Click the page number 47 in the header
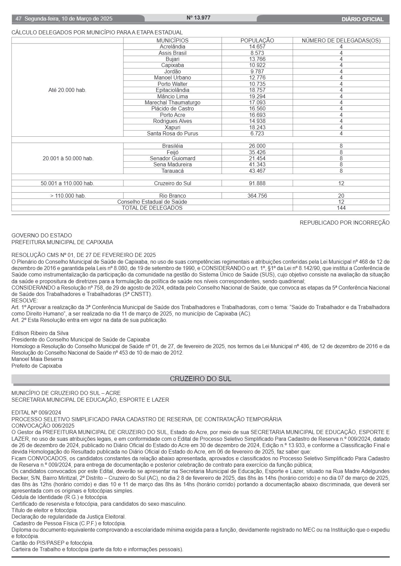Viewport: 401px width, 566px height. (19, 19)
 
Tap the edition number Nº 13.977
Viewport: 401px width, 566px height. (198, 18)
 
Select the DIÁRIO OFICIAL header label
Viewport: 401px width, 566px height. (363, 19)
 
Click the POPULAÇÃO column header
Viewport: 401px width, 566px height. (257, 40)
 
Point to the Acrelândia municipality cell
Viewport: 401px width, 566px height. (172, 47)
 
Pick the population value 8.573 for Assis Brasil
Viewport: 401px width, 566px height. (257, 53)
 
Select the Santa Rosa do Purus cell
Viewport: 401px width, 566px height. (172, 134)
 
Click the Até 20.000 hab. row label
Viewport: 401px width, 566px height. (67, 90)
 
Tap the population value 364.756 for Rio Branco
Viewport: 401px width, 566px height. (257, 196)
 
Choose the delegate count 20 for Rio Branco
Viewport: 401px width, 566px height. (341, 196)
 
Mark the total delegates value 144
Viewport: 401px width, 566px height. (341, 208)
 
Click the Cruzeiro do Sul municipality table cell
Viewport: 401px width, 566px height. (172, 184)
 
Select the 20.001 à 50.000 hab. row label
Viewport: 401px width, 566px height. (68, 159)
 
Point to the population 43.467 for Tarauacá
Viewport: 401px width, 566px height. (257, 171)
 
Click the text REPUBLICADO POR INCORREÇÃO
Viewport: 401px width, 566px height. (344, 223)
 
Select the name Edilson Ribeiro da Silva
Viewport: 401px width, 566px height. (40, 333)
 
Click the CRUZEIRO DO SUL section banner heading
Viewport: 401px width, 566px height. (200, 379)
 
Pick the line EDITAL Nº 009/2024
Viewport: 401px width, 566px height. (36, 412)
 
